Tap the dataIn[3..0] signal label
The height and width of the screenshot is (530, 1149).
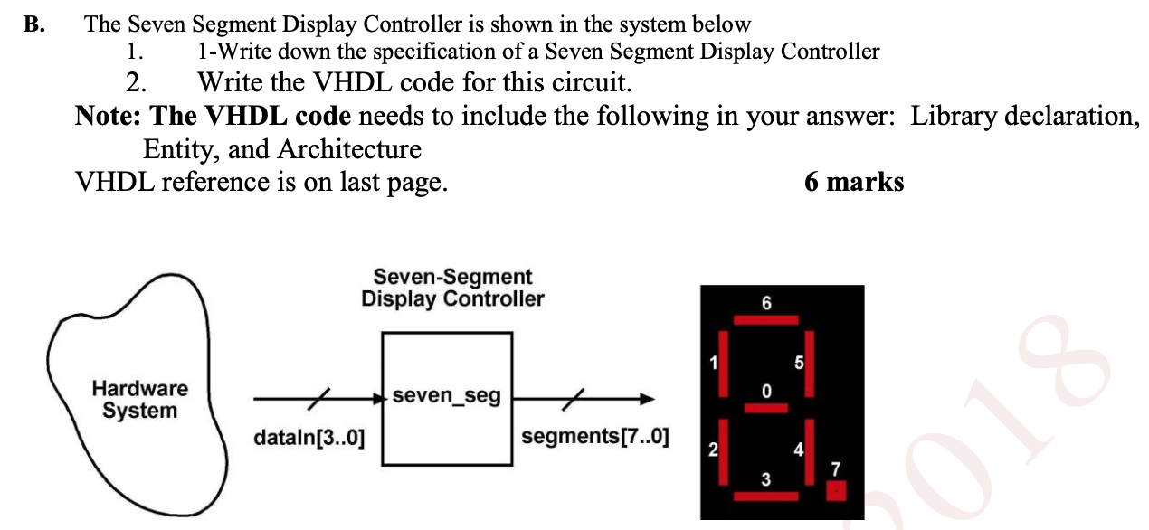click(309, 440)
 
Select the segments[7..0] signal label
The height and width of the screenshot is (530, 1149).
click(595, 437)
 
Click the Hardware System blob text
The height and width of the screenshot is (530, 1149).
click(140, 400)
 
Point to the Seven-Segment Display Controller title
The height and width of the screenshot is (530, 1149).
click(452, 288)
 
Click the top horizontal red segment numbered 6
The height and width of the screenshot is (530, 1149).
click(766, 319)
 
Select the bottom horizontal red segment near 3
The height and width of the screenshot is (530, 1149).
click(766, 496)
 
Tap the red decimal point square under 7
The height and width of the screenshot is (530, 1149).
click(836, 491)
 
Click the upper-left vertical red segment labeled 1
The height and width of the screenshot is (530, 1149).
click(723, 366)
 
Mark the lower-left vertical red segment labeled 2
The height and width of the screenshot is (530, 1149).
click(723, 452)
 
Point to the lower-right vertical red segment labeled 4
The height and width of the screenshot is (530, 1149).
click(809, 452)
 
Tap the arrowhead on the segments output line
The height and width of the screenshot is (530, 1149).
click(646, 397)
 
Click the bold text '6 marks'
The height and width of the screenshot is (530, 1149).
click(853, 182)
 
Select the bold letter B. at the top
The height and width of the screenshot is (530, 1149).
click(35, 25)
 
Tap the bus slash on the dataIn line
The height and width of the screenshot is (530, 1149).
click(323, 397)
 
